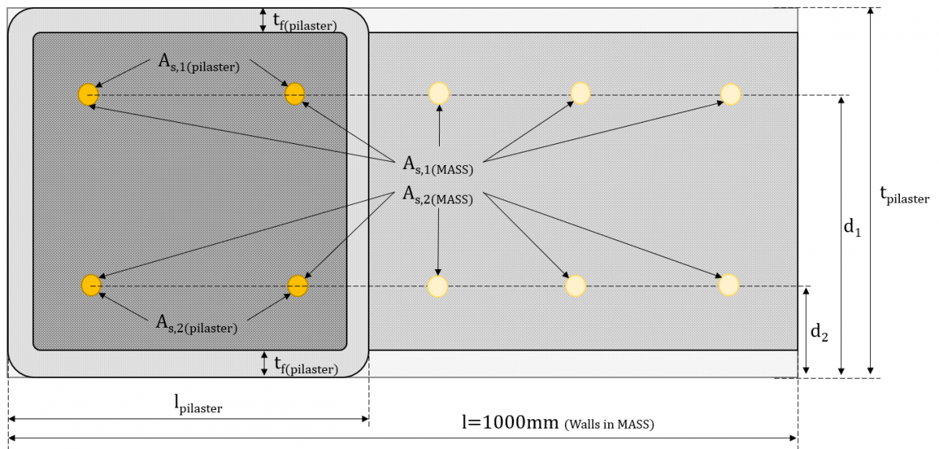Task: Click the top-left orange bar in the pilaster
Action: coord(88,95)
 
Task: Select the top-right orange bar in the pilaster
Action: coord(294,94)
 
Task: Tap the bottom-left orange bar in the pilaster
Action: coord(91,286)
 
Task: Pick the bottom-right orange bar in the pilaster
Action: coord(297,286)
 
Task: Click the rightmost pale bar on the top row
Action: coord(730,94)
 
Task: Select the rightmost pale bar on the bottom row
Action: coord(729,285)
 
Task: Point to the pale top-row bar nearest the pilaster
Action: coord(439,94)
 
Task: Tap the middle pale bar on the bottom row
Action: coord(575,286)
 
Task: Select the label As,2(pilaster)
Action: coord(196,324)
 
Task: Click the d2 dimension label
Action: coord(819,332)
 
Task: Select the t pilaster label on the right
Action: coord(905,196)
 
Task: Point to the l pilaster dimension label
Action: coord(198,404)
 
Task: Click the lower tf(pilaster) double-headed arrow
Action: coord(263,362)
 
